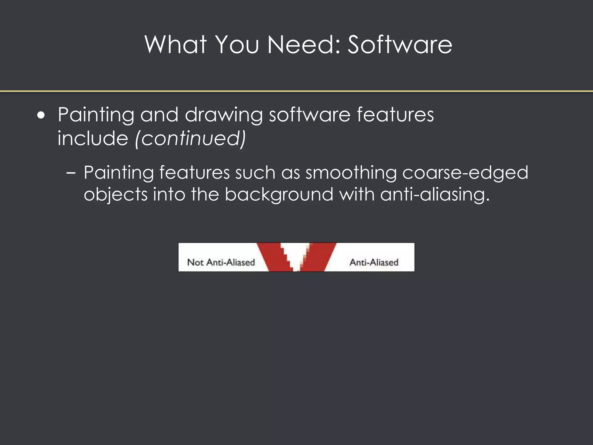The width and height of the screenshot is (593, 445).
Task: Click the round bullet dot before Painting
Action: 41,116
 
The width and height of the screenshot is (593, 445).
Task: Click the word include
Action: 93,138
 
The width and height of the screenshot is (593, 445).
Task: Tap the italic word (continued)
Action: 191,138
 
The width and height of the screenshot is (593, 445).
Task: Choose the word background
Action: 279,194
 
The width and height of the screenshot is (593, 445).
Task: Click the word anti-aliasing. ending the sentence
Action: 435,194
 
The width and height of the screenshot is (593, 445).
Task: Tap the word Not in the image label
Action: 195,262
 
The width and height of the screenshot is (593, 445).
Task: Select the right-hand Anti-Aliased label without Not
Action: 374,262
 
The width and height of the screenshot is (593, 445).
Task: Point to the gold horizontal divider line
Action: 296,91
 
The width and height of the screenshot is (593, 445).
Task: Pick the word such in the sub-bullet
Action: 255,173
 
